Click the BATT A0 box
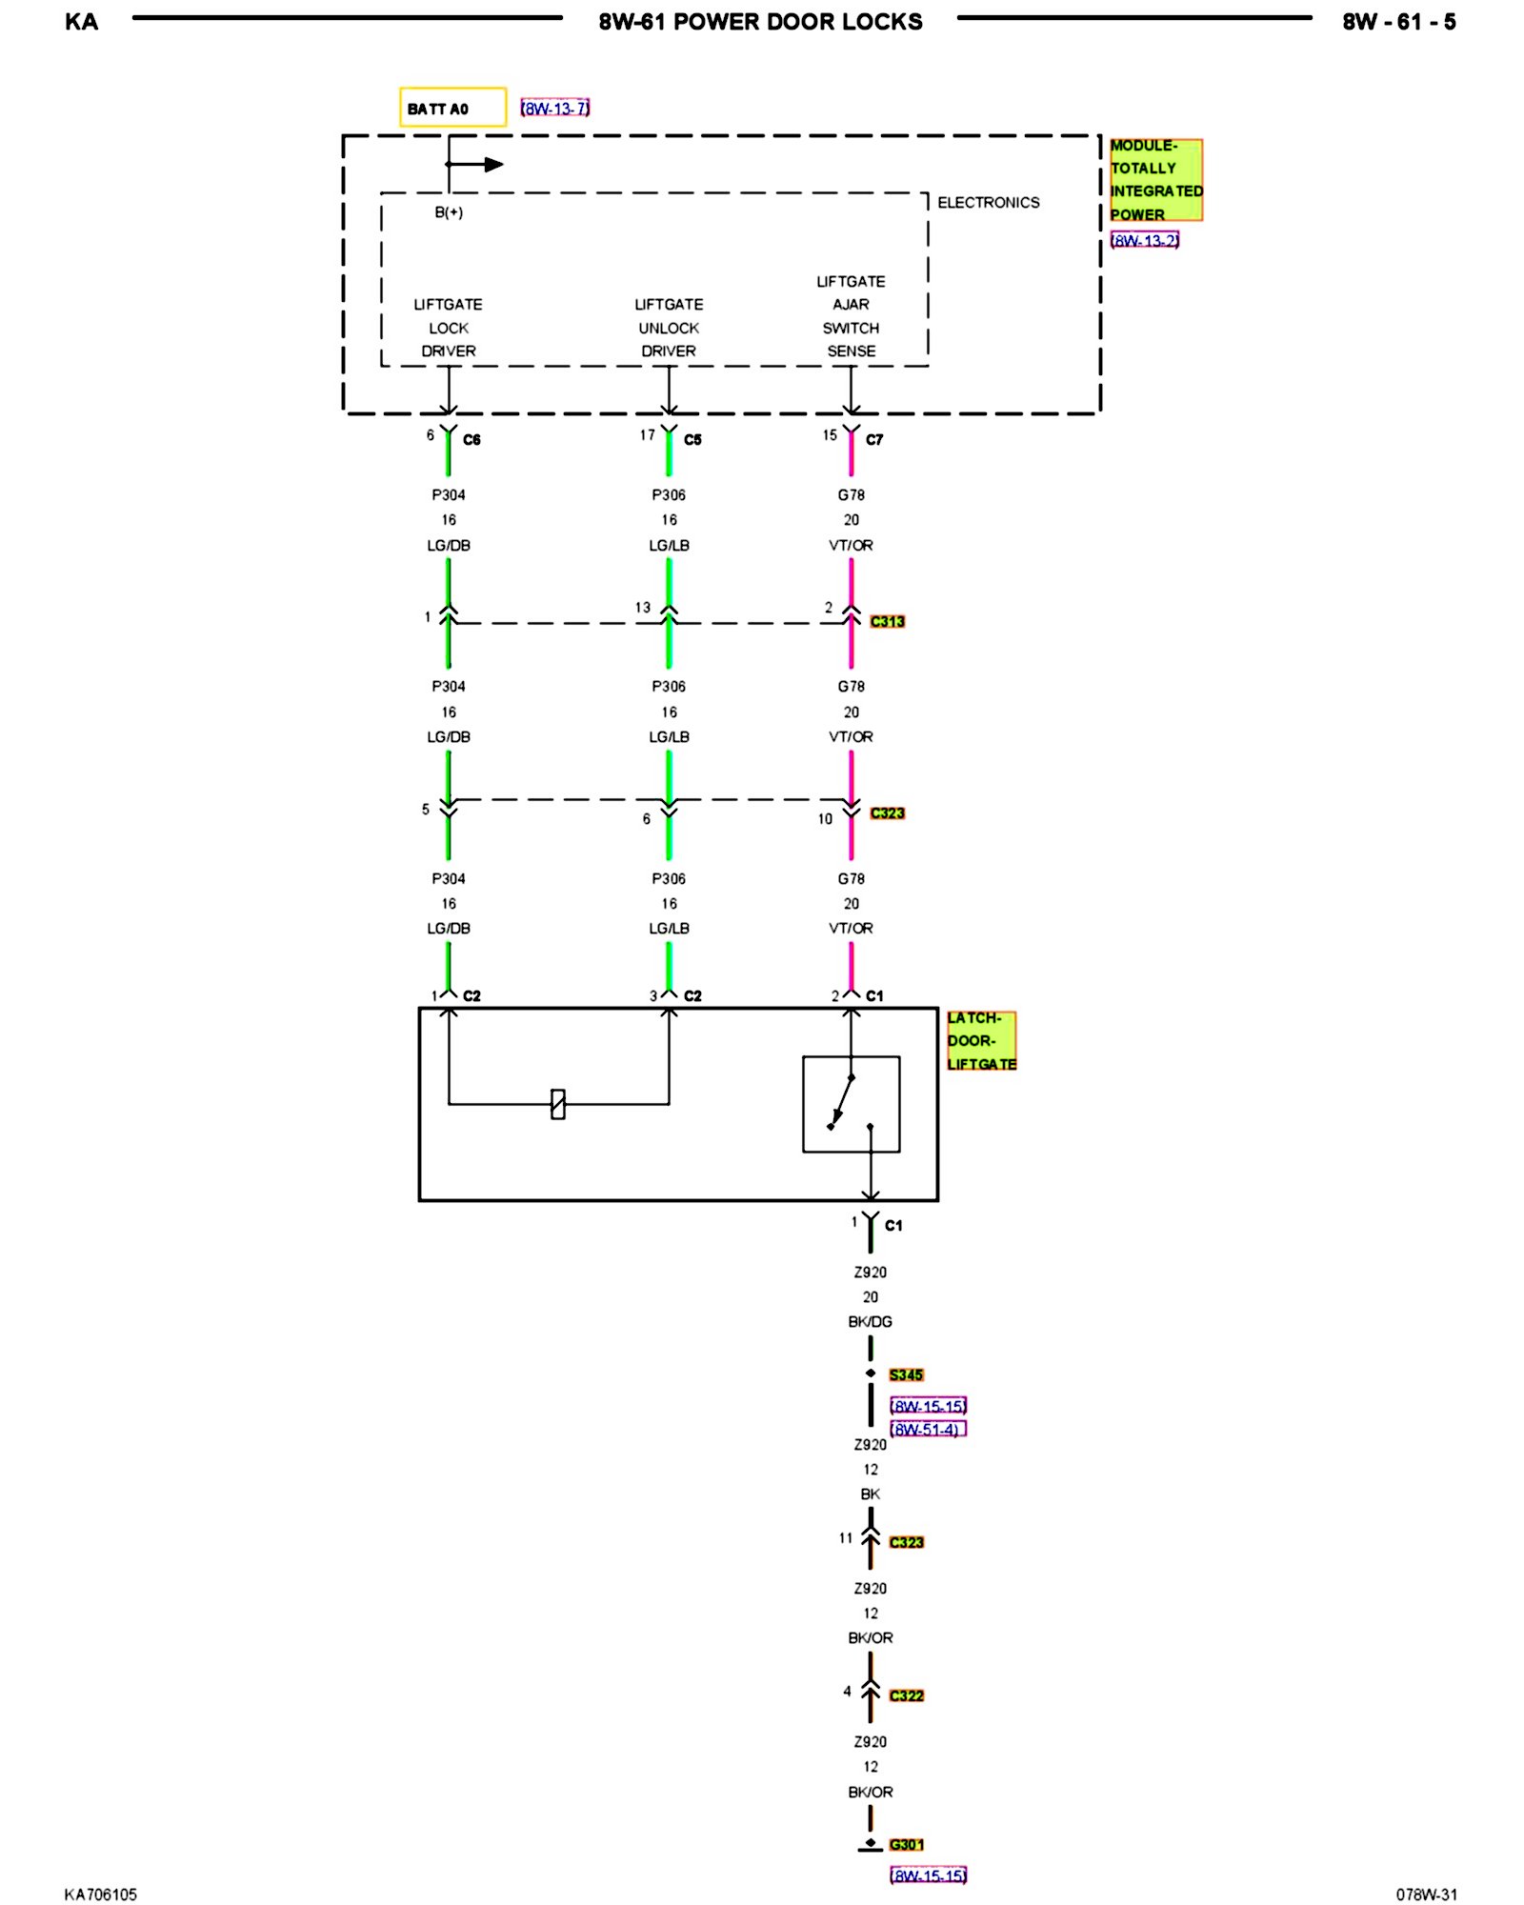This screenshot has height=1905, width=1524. pyautogui.click(x=452, y=108)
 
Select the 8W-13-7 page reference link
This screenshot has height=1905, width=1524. pyautogui.click(x=555, y=109)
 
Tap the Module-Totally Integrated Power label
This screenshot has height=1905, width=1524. pyautogui.click(x=1155, y=180)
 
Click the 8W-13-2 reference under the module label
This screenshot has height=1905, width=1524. pyautogui.click(x=1145, y=241)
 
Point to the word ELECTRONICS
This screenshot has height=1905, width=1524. pyautogui.click(x=988, y=203)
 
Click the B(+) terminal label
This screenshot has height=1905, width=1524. pyautogui.click(x=449, y=212)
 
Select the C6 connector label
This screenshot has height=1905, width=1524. pyautogui.click(x=471, y=440)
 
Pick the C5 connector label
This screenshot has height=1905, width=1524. pyautogui.click(x=692, y=440)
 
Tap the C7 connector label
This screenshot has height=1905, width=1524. pyautogui.click(x=874, y=440)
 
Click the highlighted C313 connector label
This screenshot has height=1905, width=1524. pyautogui.click(x=887, y=622)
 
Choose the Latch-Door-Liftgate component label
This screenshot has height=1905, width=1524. pyautogui.click(x=981, y=1041)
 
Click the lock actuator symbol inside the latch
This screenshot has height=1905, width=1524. pyautogui.click(x=558, y=1104)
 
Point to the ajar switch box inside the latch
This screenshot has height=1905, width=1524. pyautogui.click(x=851, y=1104)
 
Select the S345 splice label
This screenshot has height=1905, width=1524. pyautogui.click(x=906, y=1375)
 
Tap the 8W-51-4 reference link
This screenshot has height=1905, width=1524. pyautogui.click(x=927, y=1430)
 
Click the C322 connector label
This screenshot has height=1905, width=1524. pyautogui.click(x=906, y=1696)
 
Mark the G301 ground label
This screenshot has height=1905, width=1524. pyautogui.click(x=906, y=1845)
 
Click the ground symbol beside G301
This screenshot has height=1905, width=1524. pyautogui.click(x=870, y=1847)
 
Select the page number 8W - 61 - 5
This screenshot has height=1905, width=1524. pyautogui.click(x=1398, y=22)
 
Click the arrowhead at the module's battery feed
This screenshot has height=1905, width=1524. pyautogui.click(x=493, y=165)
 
